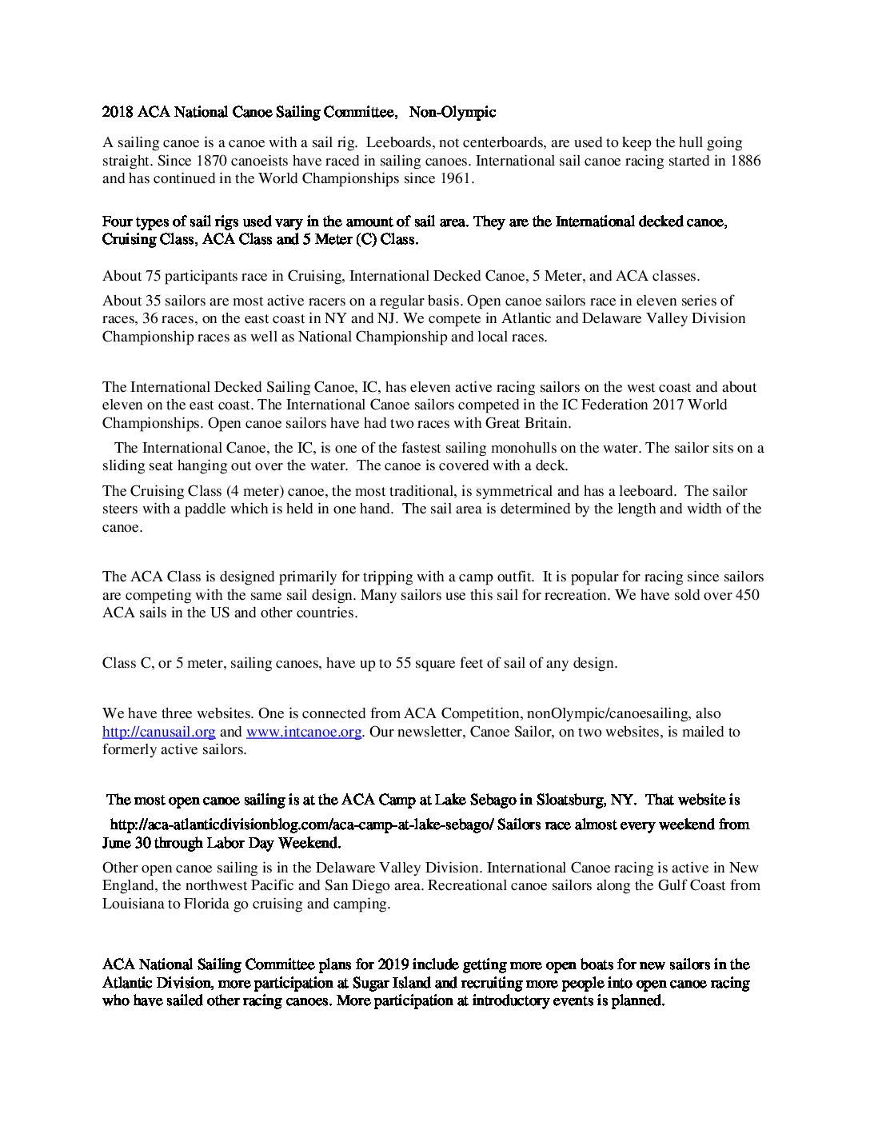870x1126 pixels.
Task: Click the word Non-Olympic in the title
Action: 453,113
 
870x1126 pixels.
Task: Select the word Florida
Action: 230,904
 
